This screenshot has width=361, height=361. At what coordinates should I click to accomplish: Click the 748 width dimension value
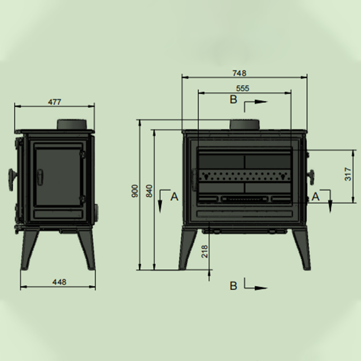coord(240,73)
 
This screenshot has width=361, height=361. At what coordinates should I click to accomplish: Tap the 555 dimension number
coord(243,88)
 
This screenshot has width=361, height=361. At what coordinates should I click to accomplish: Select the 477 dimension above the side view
coord(55,102)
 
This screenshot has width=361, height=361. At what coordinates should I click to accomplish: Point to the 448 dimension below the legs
coord(60,282)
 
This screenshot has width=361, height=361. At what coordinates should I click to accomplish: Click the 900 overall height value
coord(135,191)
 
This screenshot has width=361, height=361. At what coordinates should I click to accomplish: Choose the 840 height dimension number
coord(149,191)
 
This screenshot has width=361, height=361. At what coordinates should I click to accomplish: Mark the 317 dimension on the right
coord(348,174)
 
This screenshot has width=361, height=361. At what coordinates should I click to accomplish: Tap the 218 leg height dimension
coord(204,251)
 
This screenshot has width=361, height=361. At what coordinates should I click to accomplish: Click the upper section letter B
coord(233,99)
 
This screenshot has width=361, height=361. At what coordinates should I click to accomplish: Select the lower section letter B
coord(233,286)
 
